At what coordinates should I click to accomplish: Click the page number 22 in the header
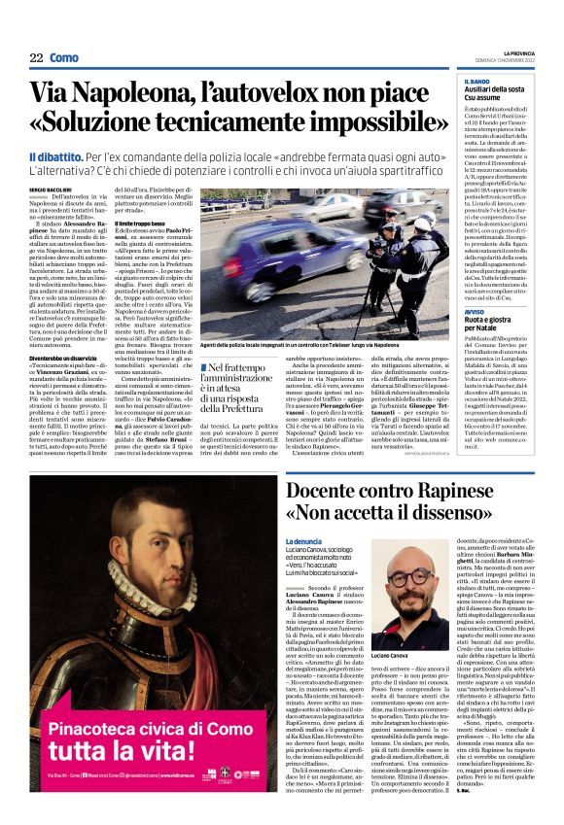(36, 58)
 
